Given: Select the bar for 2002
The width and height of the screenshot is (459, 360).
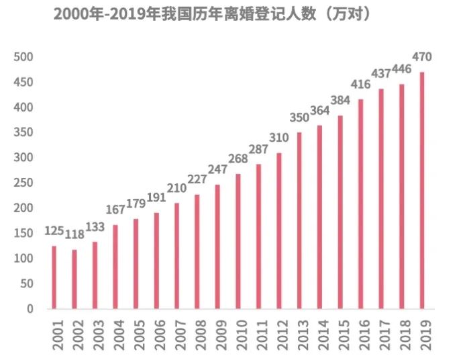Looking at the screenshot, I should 74,279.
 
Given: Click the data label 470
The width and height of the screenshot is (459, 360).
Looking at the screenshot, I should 422,56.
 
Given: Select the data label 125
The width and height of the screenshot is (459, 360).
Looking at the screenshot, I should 54,231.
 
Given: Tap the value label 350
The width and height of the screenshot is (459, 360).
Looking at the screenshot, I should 299,118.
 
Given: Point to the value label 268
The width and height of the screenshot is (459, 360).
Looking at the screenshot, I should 238,159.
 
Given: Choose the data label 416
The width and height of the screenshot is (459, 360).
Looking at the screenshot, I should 361,84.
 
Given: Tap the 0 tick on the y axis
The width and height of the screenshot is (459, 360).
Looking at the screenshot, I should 30,309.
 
